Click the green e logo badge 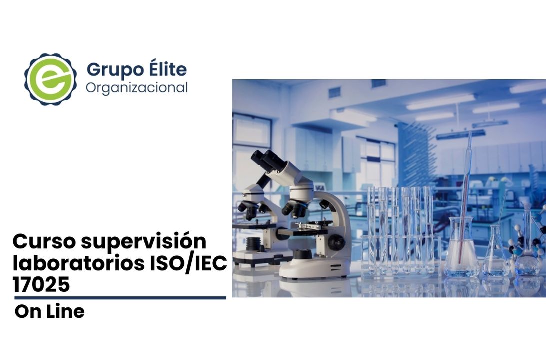point(51,79)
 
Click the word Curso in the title point(44,241)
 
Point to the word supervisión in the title point(144,242)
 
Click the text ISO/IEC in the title point(188,263)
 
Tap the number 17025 point(41,285)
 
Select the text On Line point(50,312)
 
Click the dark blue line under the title point(120,298)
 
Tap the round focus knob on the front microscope point(336,242)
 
